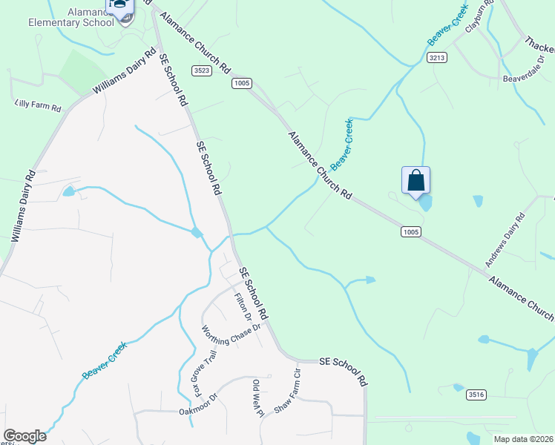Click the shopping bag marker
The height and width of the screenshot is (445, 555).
coord(416,180)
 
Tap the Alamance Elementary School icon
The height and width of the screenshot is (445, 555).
coord(119,6)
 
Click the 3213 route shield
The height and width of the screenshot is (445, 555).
coord(437,57)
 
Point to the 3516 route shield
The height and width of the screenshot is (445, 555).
coord(476,395)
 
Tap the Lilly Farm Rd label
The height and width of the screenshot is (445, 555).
coord(37,107)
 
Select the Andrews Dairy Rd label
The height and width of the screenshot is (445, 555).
coord(505,240)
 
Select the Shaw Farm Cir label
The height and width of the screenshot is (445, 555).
coord(287,389)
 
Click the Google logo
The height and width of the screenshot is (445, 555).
coord(24,436)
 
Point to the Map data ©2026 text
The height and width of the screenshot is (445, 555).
coord(522,439)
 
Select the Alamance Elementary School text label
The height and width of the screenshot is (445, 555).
coord(70,16)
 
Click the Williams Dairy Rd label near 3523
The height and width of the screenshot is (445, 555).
coord(125,71)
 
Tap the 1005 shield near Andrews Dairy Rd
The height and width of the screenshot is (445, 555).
coord(411,232)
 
